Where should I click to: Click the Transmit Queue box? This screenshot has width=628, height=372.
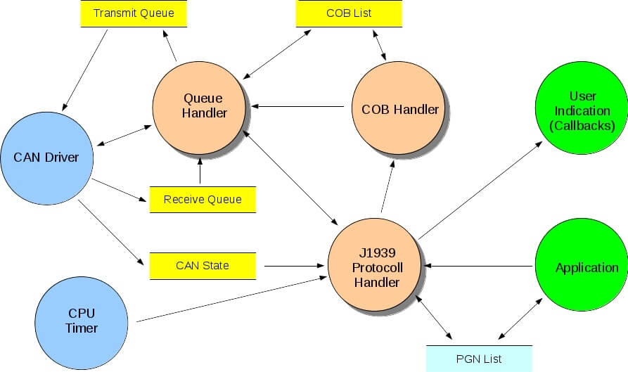pos(134,13)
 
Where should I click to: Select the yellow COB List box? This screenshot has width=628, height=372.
pos(349,13)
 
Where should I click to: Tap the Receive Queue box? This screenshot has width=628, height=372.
pos(203,200)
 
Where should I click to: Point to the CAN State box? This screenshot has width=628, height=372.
pos(203,266)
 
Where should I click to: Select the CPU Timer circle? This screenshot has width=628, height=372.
pos(82,321)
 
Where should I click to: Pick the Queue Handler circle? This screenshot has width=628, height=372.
pos(201,105)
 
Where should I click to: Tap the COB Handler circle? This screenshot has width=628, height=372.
pos(399,110)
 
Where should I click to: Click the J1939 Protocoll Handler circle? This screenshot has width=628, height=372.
pos(376,267)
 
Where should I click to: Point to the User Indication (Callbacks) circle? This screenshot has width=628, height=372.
pos(583,110)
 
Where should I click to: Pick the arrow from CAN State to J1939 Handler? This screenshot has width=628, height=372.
pos(291,267)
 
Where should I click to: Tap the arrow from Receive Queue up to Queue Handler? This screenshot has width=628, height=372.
pos(200,172)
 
